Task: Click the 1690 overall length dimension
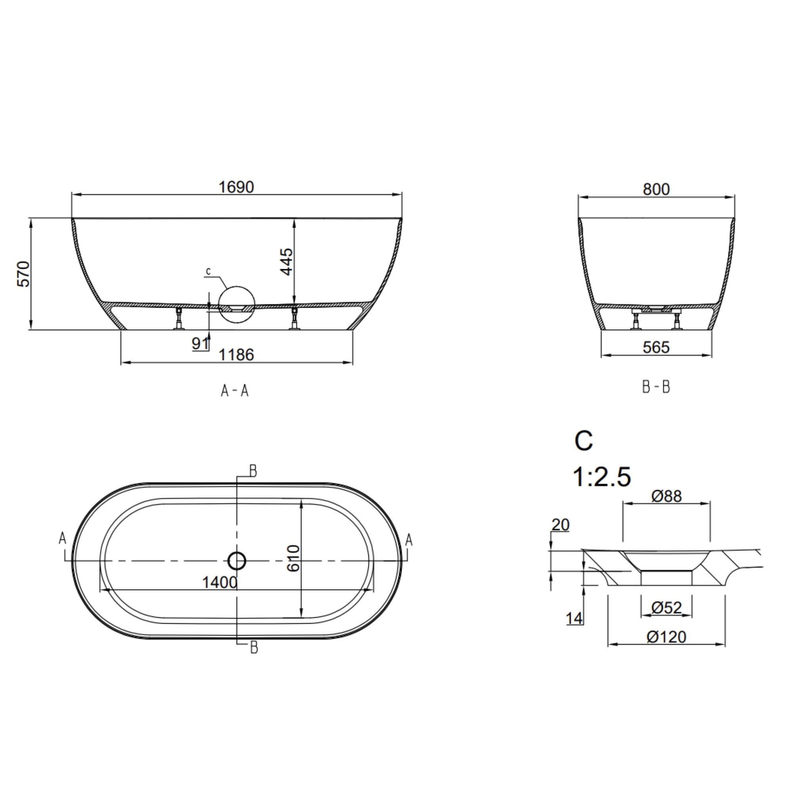236,187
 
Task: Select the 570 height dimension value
23,274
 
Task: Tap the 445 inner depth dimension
287,261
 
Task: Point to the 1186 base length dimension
236,355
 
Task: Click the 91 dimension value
200,343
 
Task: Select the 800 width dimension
656,190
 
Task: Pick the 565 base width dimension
656,347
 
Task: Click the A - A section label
235,391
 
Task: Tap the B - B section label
656,387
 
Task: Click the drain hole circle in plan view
237,560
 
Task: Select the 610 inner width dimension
294,558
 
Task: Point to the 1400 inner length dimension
220,582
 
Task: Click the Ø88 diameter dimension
666,496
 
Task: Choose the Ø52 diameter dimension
666,607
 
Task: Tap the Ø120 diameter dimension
666,637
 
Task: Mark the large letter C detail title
584,441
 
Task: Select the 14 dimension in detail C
574,618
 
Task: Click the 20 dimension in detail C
560,525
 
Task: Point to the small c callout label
209,272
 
